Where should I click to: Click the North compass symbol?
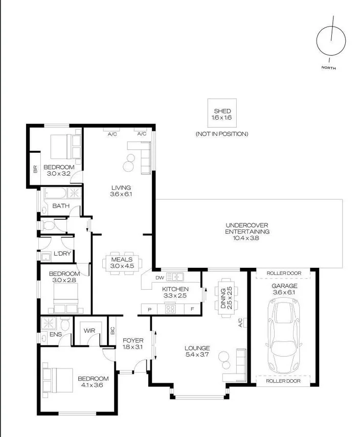tap(331, 41)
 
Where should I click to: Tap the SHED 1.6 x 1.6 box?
tap(221, 114)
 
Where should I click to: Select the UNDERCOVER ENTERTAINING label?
tap(247, 232)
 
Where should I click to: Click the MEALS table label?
tap(122, 263)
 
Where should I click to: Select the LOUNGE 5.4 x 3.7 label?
tap(197, 352)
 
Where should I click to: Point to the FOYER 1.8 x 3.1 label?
tap(133, 343)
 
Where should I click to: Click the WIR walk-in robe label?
tap(89, 331)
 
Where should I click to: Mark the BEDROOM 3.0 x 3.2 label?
tap(59, 170)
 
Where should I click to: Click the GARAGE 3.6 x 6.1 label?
tap(284, 289)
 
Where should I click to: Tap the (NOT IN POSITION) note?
tap(221, 134)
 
